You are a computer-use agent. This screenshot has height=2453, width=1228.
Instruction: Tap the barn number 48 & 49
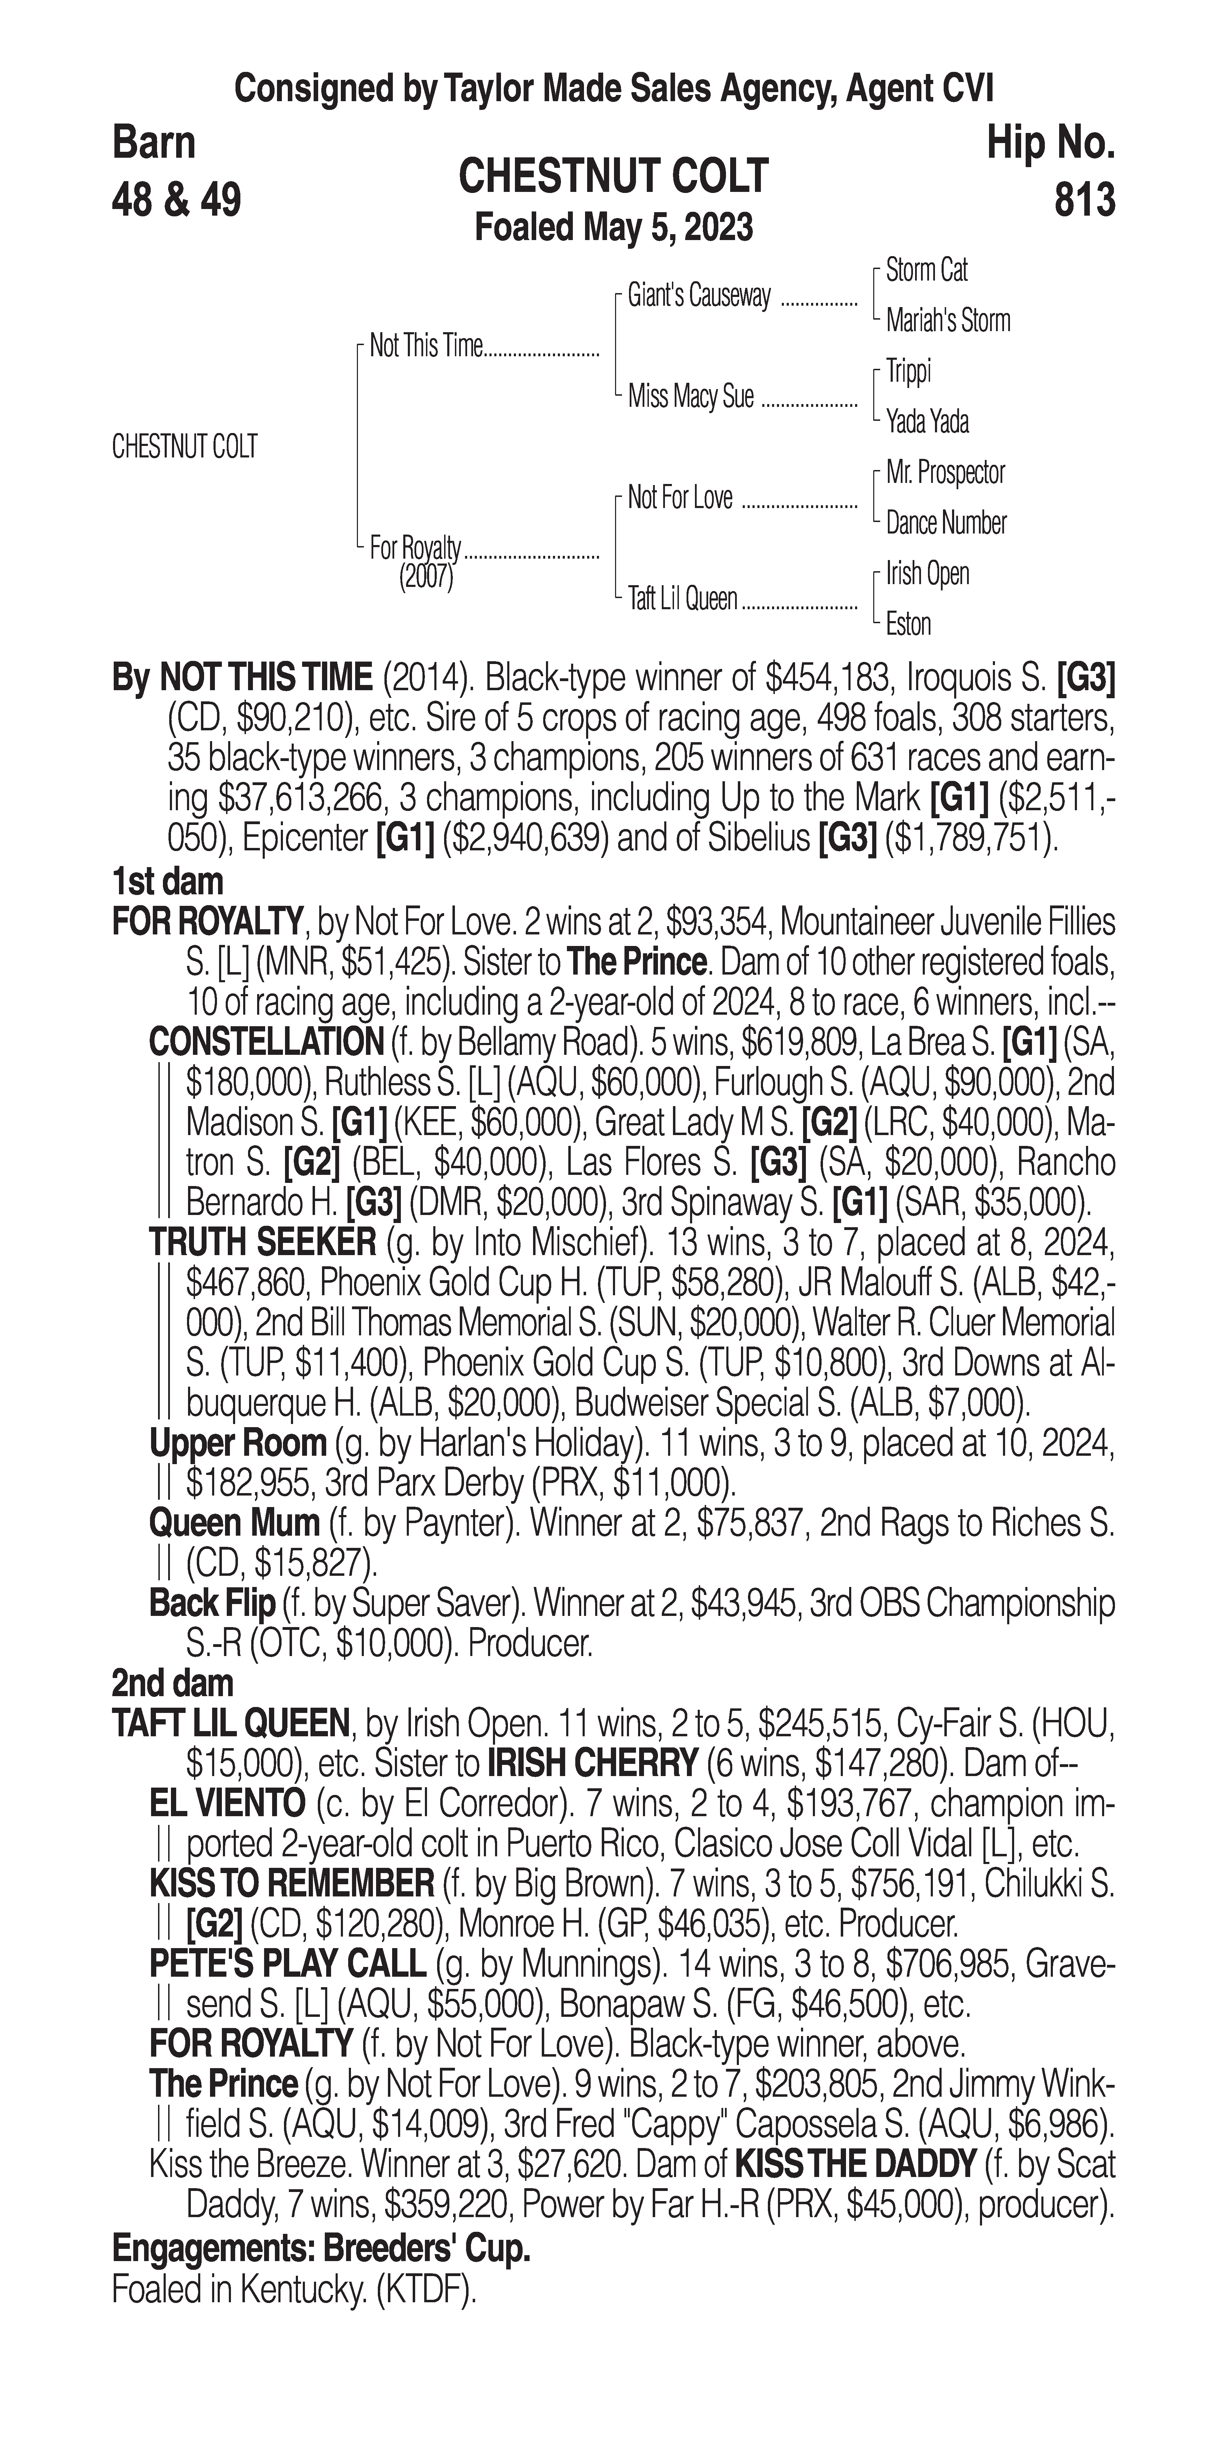(176, 200)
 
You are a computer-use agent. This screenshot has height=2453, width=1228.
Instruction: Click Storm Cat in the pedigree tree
(926, 270)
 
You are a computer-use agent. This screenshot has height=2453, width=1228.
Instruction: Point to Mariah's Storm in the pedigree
(947, 321)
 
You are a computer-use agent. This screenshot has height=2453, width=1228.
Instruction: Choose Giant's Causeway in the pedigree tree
(699, 296)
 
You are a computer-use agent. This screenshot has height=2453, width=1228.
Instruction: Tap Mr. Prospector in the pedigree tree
(945, 472)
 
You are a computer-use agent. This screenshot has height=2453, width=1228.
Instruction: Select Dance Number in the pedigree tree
(945, 523)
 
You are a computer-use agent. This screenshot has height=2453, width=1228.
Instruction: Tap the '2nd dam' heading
(172, 1683)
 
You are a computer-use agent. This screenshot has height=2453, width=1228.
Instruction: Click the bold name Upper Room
(238, 1442)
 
